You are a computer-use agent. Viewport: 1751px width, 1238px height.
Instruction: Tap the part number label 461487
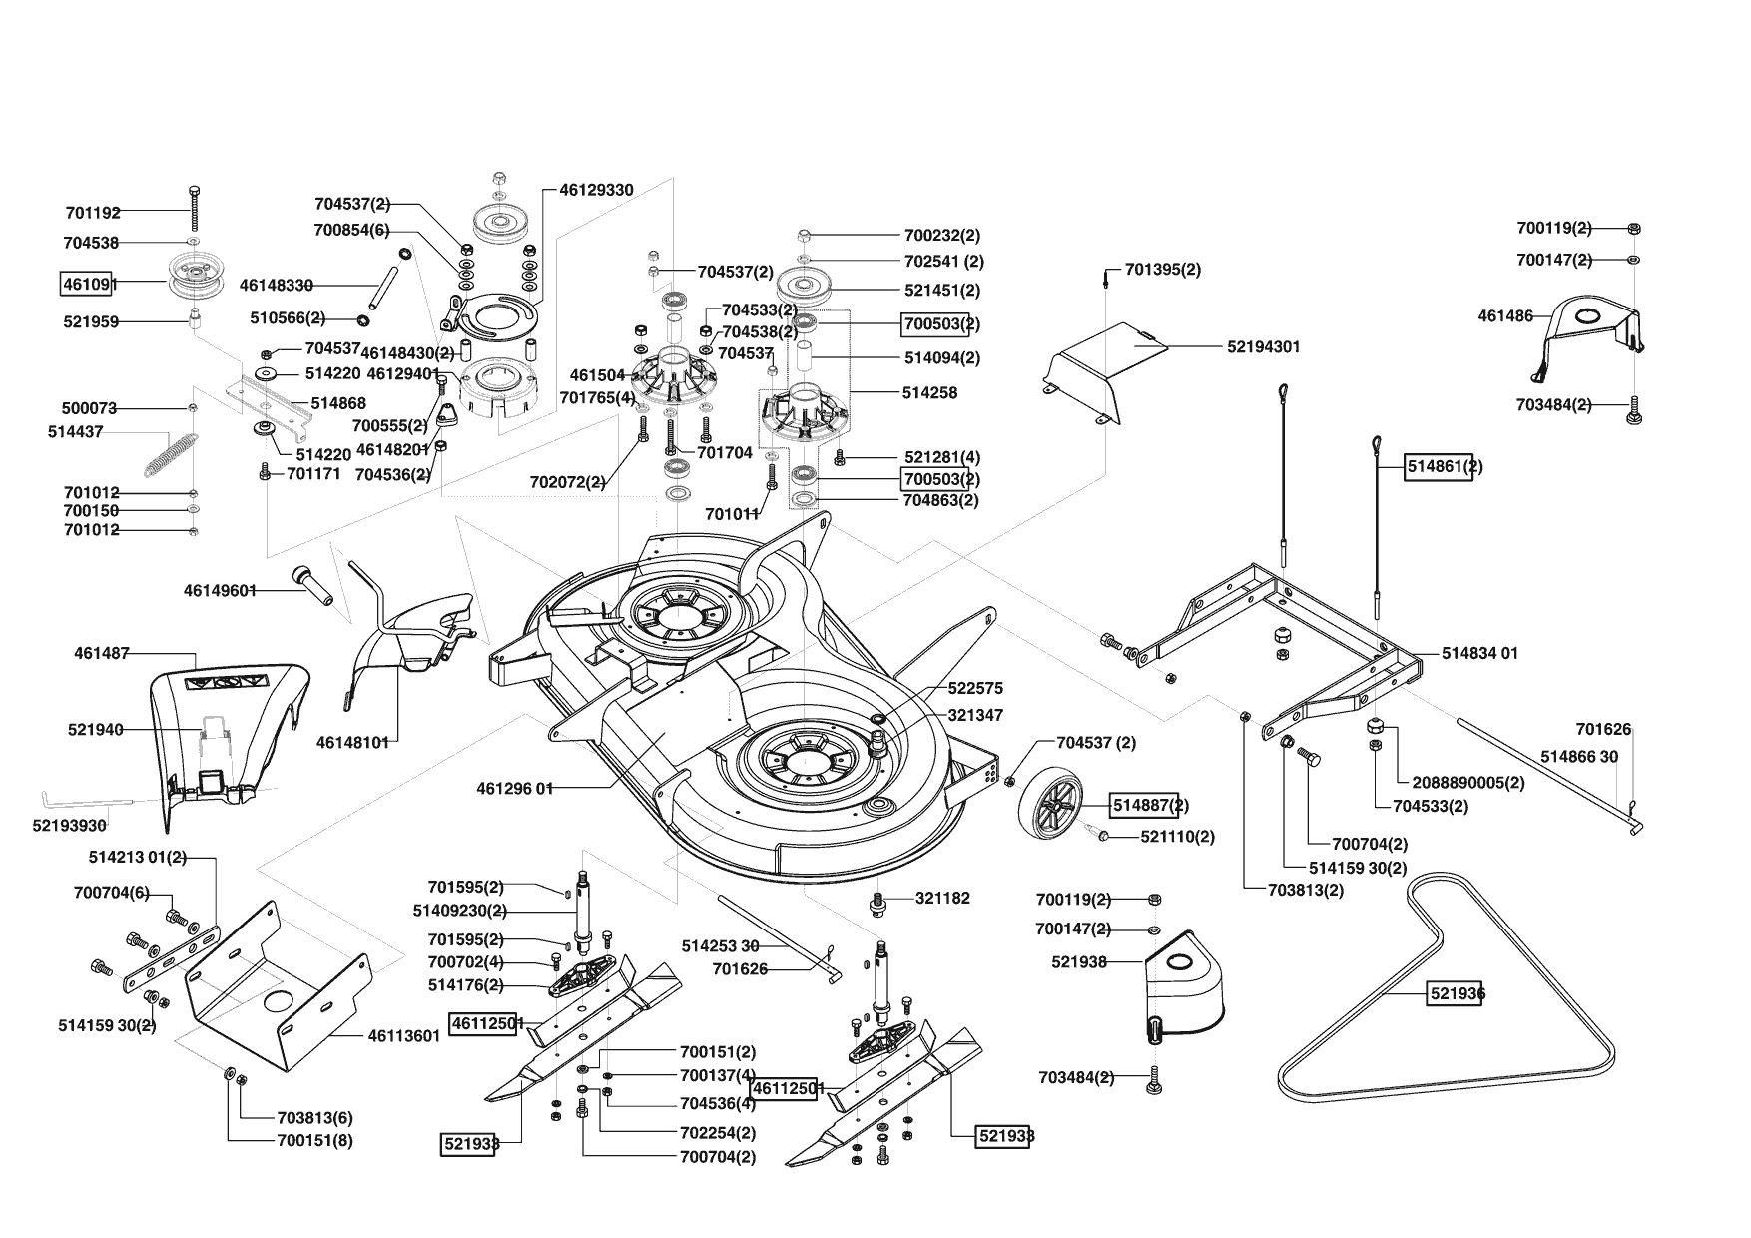pyautogui.click(x=102, y=654)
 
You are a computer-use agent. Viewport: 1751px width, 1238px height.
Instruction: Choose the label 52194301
pyautogui.click(x=1263, y=347)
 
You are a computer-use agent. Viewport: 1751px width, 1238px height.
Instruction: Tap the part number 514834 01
pyautogui.click(x=1479, y=653)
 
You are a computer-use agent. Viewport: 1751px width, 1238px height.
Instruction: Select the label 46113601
pyautogui.click(x=404, y=1036)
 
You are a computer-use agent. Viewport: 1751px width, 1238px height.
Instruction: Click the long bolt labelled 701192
pyautogui.click(x=194, y=209)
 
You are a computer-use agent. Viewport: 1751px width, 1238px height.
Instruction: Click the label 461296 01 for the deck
pyautogui.click(x=515, y=788)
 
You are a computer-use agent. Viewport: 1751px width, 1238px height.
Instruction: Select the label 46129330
pyautogui.click(x=596, y=190)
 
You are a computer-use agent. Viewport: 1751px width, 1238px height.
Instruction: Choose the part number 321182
pyautogui.click(x=942, y=898)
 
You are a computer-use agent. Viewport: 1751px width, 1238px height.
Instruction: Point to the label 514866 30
pyautogui.click(x=1579, y=757)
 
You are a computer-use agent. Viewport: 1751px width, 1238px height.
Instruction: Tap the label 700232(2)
pyautogui.click(x=942, y=236)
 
